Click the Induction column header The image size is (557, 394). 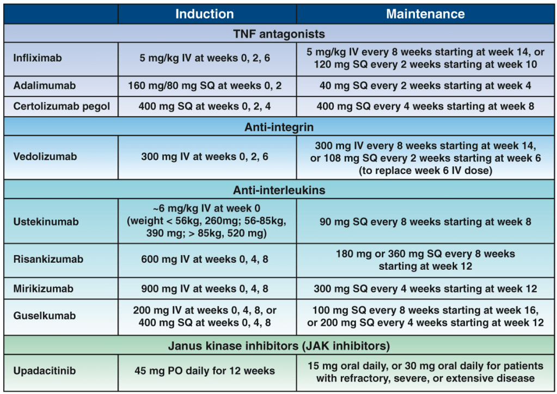(204, 14)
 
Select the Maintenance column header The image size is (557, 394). (425, 14)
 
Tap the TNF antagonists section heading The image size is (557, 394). (279, 34)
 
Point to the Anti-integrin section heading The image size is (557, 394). (279, 128)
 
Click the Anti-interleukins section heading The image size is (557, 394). (279, 190)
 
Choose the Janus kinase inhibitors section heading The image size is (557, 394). (279, 346)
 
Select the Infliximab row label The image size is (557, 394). (38, 58)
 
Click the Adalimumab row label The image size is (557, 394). (45, 86)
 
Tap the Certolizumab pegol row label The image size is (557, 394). (62, 106)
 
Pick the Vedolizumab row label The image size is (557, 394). (45, 156)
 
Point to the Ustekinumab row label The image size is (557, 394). (46, 222)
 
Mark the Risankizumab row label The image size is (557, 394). (48, 259)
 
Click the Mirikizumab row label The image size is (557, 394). (43, 288)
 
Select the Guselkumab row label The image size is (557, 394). (45, 316)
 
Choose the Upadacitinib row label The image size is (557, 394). (45, 371)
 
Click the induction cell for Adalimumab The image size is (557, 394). (205, 86)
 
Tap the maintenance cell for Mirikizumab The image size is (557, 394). (425, 288)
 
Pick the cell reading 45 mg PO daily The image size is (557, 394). (205, 371)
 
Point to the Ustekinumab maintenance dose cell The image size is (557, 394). (425, 222)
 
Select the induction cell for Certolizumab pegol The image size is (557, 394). (205, 106)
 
